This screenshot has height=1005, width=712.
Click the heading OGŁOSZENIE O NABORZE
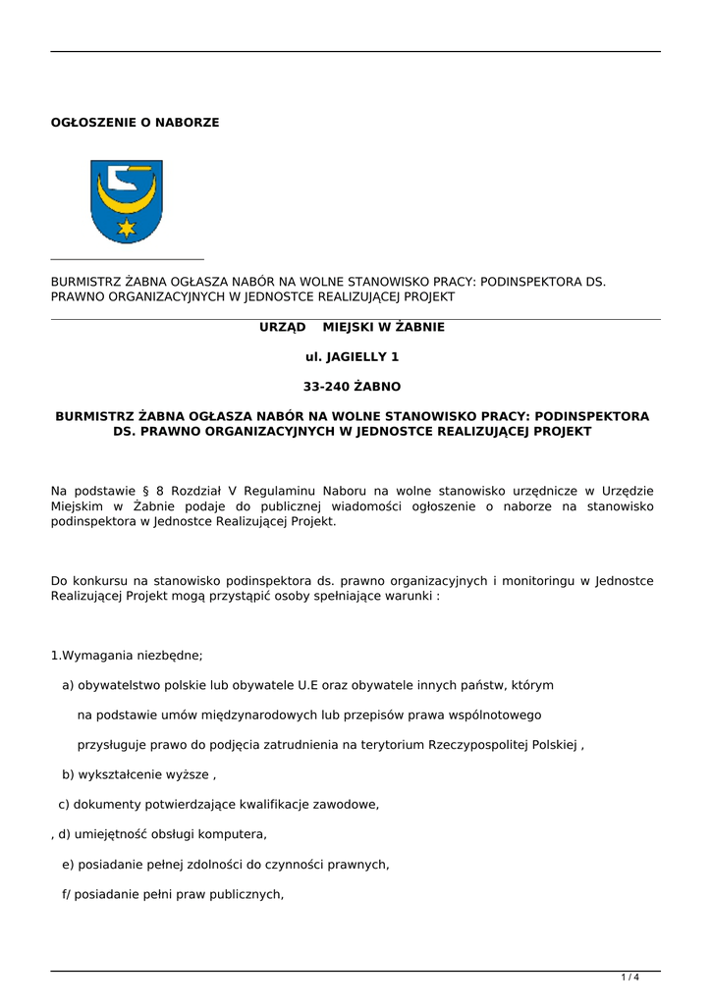[x=135, y=123]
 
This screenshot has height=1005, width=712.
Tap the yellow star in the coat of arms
[x=126, y=229]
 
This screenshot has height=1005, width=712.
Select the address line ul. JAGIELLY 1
[x=352, y=357]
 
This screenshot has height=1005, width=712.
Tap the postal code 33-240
[x=326, y=387]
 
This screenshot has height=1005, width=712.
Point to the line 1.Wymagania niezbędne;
[x=127, y=656]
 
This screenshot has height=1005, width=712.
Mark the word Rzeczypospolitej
[x=477, y=745]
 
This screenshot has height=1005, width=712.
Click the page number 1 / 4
[x=630, y=978]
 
